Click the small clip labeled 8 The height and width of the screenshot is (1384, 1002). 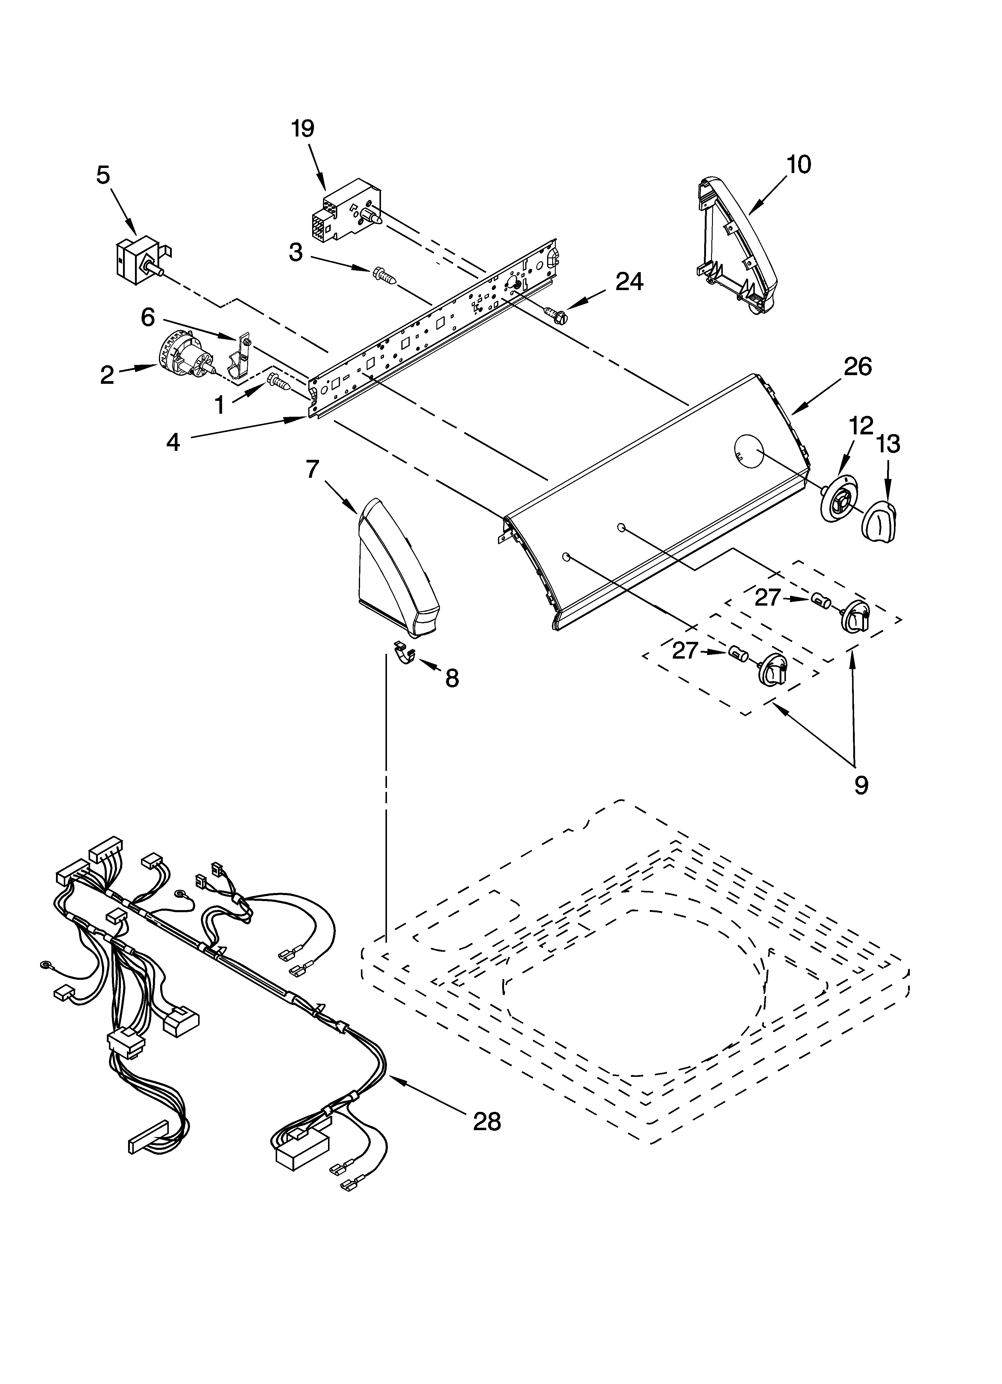pos(404,652)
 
